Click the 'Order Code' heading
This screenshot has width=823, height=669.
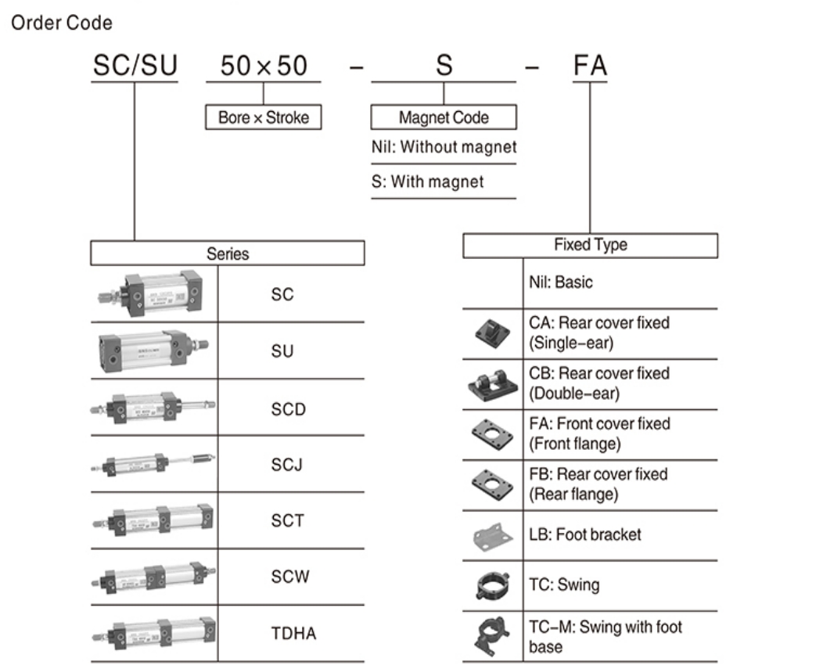click(61, 23)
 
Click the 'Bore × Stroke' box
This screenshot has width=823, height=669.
click(264, 118)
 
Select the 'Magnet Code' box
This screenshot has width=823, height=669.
click(444, 118)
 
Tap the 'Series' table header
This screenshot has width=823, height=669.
click(228, 254)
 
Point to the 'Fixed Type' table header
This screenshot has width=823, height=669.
click(590, 245)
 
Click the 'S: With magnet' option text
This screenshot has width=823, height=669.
click(428, 182)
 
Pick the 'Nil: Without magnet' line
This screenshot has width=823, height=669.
click(444, 147)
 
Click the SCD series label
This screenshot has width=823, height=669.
click(288, 409)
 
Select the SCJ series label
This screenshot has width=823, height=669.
click(287, 465)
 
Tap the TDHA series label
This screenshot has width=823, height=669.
click(293, 633)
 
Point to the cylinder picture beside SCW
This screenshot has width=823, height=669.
click(153, 577)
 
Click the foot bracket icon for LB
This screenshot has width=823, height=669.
click(493, 535)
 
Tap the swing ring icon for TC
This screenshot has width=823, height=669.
click(493, 584)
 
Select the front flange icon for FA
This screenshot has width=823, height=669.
click(493, 434)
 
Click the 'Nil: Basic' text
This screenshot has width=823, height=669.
click(560, 282)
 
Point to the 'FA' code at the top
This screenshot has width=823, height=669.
click(590, 66)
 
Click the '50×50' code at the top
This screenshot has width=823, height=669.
click(264, 66)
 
